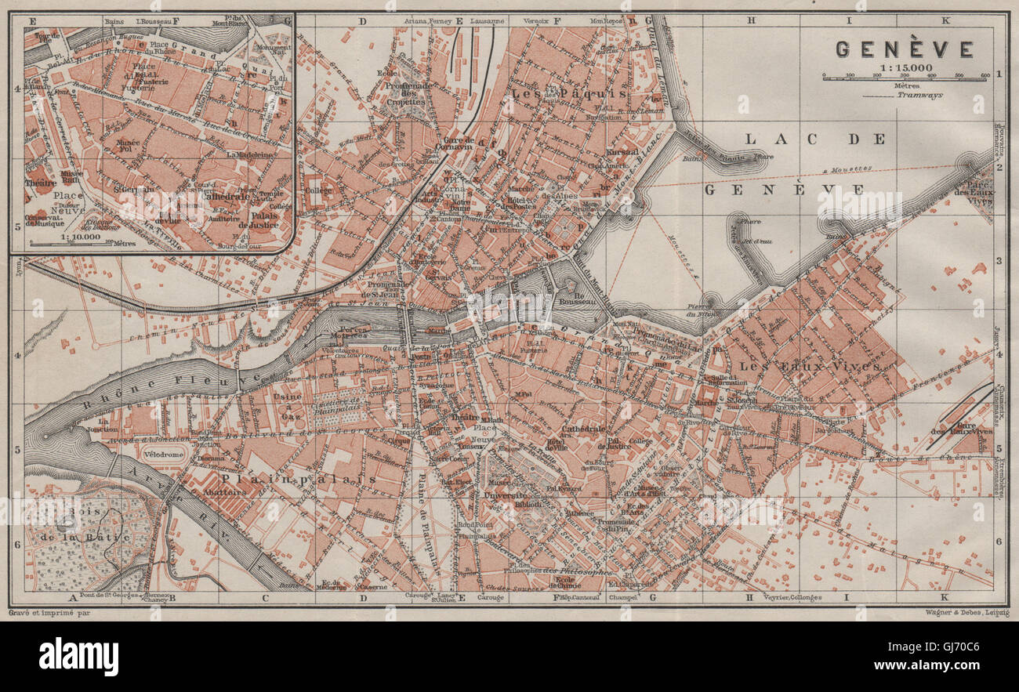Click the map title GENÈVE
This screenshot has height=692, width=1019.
coord(904,49)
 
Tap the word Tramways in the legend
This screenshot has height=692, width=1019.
coord(921,95)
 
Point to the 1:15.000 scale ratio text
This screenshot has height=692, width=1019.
coord(906,68)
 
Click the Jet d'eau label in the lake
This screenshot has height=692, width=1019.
coord(752,241)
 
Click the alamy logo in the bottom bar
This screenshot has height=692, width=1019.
coord(78,656)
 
